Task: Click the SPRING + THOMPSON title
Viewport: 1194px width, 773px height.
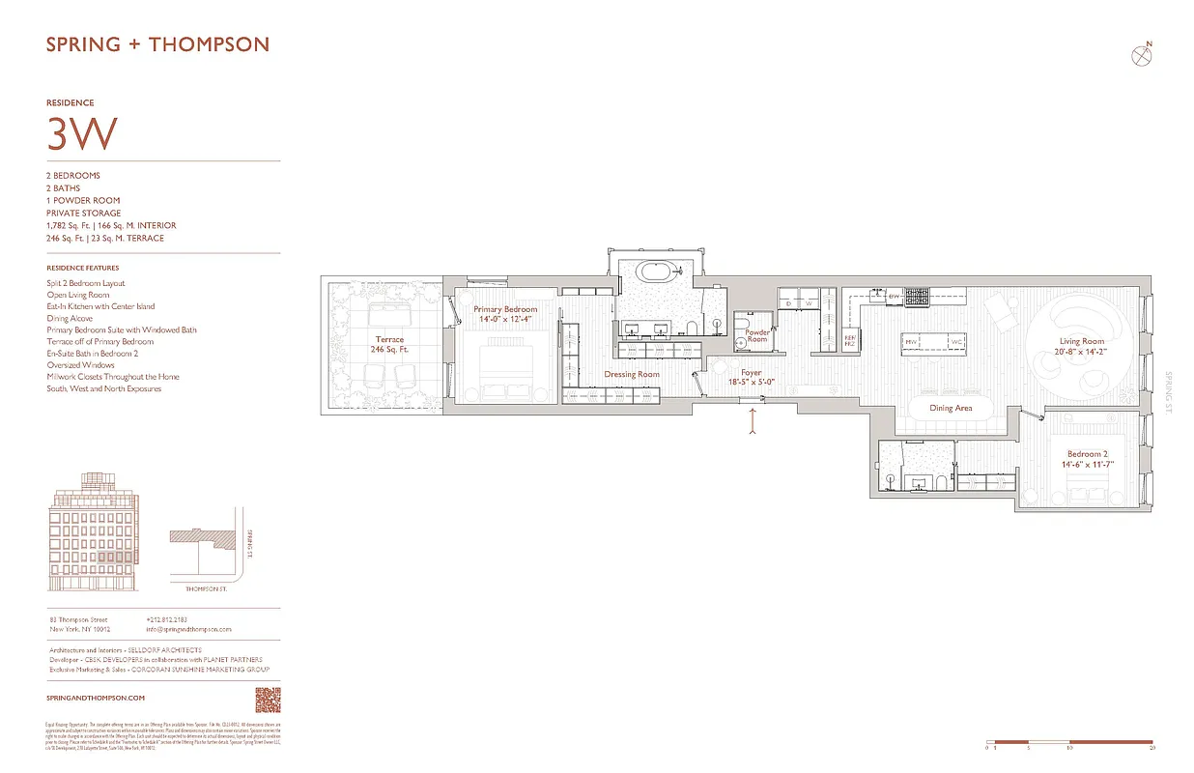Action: [x=157, y=44]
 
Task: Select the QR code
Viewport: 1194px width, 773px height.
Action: [x=267, y=699]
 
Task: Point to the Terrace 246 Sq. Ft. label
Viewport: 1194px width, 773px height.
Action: [x=389, y=345]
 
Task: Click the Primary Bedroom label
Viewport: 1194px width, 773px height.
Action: [x=505, y=314]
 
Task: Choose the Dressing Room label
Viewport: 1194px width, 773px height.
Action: [x=632, y=374]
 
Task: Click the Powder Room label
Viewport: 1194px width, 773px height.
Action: [x=756, y=335]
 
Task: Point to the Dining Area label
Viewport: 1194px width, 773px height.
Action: [x=951, y=408]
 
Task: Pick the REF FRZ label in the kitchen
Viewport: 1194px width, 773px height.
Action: [x=849, y=341]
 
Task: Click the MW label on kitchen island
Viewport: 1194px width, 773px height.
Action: [x=910, y=341]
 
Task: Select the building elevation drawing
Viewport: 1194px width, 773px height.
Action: [x=96, y=533]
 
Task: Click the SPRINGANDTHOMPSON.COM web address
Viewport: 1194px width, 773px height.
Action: [x=96, y=698]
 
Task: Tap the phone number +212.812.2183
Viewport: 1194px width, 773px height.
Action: [x=167, y=619]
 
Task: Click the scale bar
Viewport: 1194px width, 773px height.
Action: [x=1069, y=742]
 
